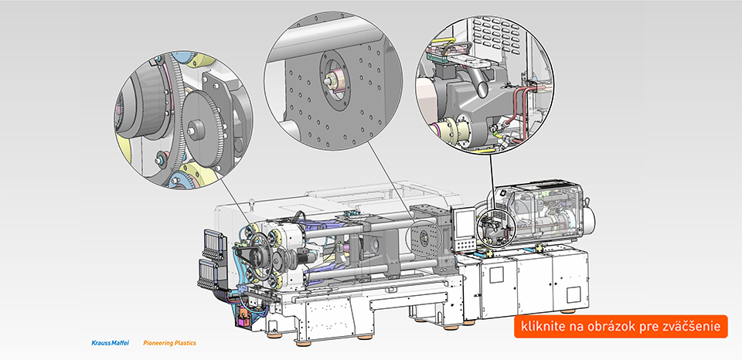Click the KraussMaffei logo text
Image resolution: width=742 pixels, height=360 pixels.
click(x=110, y=343)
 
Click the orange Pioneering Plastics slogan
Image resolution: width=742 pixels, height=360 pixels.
click(x=169, y=343)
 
